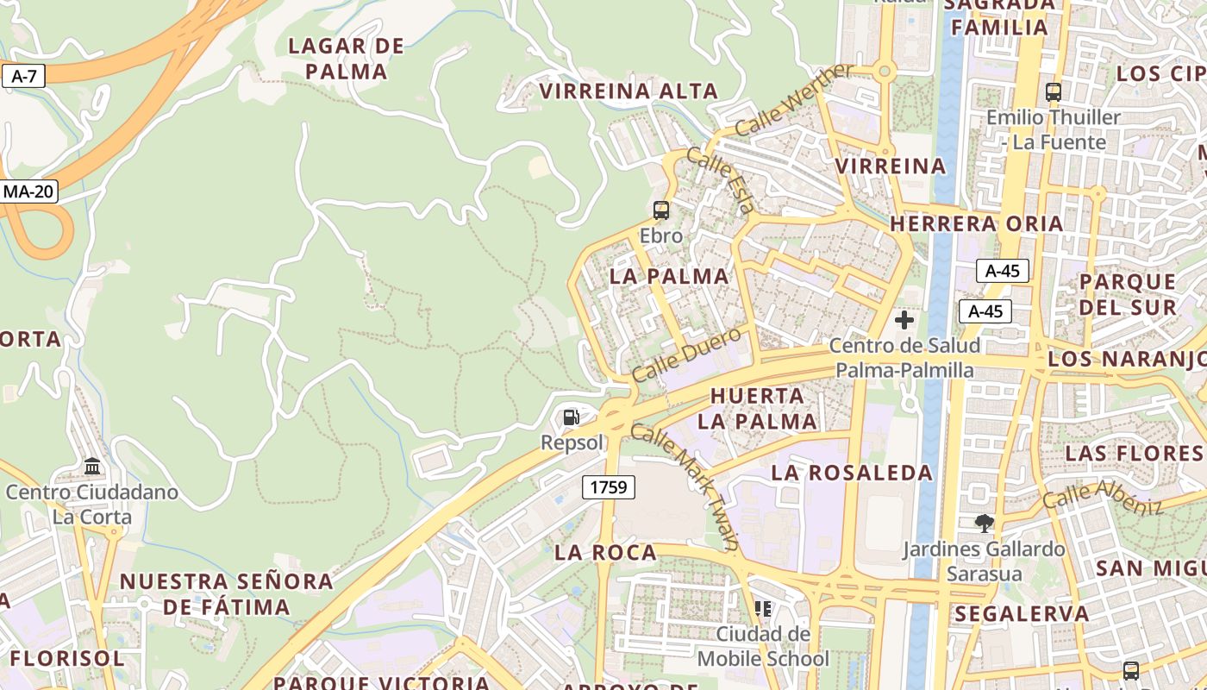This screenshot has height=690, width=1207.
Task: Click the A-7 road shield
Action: (23, 76)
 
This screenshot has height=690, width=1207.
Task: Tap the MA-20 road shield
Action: (28, 191)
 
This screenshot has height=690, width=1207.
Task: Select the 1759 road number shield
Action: (608, 487)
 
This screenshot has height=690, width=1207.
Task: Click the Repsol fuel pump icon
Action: (571, 418)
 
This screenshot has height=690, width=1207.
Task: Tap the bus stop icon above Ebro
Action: (661, 210)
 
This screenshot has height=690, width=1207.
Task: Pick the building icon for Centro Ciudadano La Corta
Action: (92, 467)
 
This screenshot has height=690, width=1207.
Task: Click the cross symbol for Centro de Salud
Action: (904, 321)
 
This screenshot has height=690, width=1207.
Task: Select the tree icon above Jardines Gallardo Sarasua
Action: (983, 524)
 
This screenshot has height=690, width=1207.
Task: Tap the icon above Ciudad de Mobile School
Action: (763, 609)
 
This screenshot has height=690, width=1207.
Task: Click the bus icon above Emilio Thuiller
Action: (1053, 91)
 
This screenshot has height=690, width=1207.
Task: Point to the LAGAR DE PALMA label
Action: (346, 59)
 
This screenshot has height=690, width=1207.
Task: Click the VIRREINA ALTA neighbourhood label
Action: (629, 91)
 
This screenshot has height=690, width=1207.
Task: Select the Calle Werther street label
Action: (794, 99)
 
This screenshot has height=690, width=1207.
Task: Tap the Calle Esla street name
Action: (723, 182)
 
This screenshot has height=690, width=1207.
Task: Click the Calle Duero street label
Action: (686, 354)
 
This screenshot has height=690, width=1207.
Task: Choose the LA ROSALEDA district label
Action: (852, 473)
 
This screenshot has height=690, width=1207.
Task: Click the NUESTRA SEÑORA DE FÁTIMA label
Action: (226, 594)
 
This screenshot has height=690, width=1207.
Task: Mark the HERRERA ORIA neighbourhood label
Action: (976, 224)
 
